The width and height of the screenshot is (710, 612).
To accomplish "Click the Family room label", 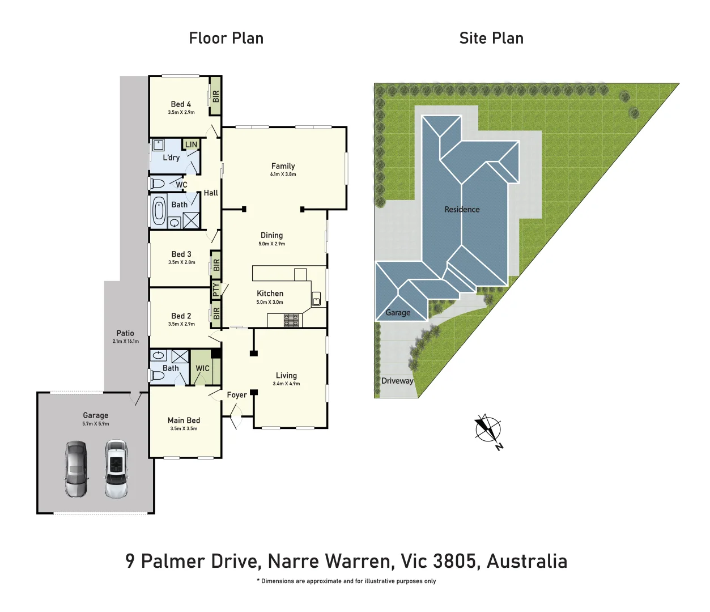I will [x=283, y=166].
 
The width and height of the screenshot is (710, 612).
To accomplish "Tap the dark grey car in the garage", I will [x=76, y=469].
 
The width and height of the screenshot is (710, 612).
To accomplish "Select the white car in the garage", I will [x=116, y=469].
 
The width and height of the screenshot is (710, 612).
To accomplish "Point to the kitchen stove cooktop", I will [x=291, y=320].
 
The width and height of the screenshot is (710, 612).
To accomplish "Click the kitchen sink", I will [x=316, y=298].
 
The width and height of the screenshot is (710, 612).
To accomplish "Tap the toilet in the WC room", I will [x=158, y=184].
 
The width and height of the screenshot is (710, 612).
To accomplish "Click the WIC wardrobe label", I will [x=202, y=368].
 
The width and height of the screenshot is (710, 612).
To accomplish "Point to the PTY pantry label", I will [x=216, y=290].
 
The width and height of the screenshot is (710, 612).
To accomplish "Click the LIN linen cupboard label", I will [x=192, y=144].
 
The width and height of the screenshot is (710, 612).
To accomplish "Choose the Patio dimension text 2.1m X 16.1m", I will [x=125, y=341].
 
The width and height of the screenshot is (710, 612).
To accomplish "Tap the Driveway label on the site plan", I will [x=397, y=381].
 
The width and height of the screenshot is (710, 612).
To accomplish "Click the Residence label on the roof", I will [x=462, y=210].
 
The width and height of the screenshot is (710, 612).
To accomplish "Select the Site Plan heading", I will [x=491, y=39].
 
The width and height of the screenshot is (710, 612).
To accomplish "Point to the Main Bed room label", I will [x=184, y=420].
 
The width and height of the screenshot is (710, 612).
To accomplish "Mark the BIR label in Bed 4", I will [x=215, y=96].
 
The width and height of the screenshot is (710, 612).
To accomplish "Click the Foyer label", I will [x=237, y=395].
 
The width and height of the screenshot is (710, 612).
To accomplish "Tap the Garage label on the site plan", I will [x=398, y=313].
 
